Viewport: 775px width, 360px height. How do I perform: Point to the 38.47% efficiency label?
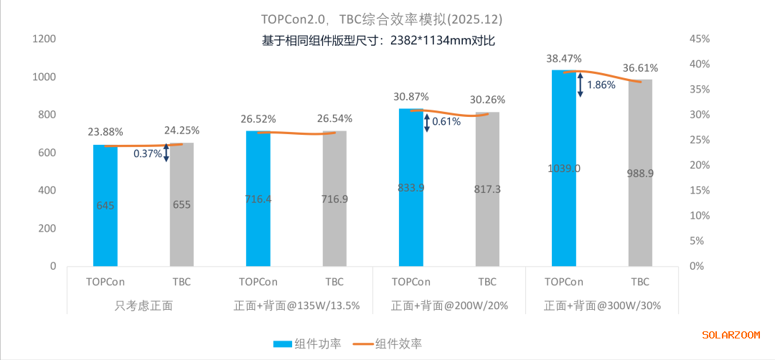coord(563,58)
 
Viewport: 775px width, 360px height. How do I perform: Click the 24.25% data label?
coord(182,131)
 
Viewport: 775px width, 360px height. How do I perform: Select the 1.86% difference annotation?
coord(601,85)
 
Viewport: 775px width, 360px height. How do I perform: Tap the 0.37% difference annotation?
coord(147,153)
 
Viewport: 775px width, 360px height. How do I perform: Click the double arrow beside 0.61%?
coord(428,122)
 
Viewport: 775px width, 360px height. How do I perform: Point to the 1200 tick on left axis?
coord(44,39)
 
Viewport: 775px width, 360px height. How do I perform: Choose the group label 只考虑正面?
coord(144,305)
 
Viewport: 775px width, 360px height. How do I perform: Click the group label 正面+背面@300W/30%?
coord(602,305)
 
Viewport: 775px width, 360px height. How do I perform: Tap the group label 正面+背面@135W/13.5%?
coord(296,305)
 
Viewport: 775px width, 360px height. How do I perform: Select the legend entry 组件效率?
coord(388,344)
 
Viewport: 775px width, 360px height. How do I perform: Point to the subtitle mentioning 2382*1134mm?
coord(379,40)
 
